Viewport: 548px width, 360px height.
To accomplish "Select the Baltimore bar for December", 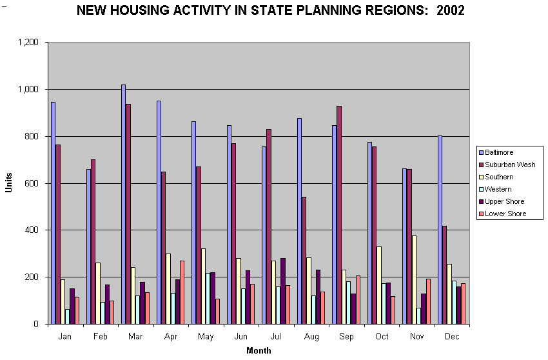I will pos(440,230).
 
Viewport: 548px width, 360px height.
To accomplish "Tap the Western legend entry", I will pos(498,189).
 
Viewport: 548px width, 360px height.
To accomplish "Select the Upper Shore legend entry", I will pos(504,201).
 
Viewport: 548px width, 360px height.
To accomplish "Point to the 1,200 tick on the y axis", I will pos(29,43).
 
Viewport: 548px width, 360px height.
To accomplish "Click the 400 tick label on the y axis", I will pos(32,230).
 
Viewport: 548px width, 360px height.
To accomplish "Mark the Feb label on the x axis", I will pos(100,337).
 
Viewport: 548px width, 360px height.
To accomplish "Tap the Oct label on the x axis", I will pos(382,337).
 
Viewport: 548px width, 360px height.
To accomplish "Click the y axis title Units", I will pos(9,183).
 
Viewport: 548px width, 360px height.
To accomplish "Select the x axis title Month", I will pos(259,351).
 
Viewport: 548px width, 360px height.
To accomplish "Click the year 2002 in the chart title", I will pos(450,11).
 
